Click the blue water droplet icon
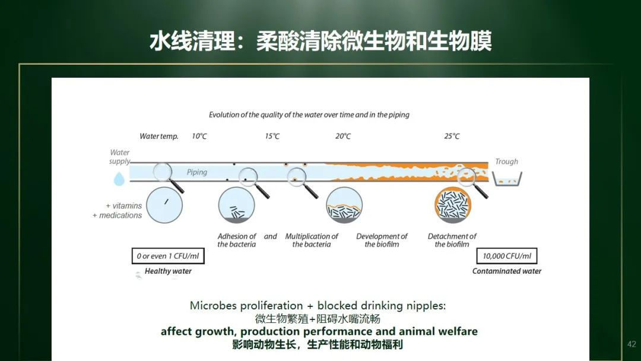(x=119, y=179)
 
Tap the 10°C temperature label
(x=199, y=136)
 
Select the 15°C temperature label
(x=272, y=136)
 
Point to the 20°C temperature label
(x=343, y=136)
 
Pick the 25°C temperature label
(x=452, y=136)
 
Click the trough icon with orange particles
(x=507, y=179)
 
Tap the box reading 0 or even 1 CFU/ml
(x=168, y=256)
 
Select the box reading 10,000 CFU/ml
(x=507, y=256)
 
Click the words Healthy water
(x=168, y=271)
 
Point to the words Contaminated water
(x=507, y=271)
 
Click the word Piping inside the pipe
(x=197, y=173)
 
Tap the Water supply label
(x=119, y=157)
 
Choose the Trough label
(x=506, y=161)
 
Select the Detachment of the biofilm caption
(x=452, y=240)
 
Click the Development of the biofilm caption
(x=382, y=240)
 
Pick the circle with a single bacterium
(x=164, y=205)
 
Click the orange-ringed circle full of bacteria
(x=453, y=205)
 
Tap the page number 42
(x=632, y=344)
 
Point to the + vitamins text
(x=124, y=205)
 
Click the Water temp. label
(x=159, y=137)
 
